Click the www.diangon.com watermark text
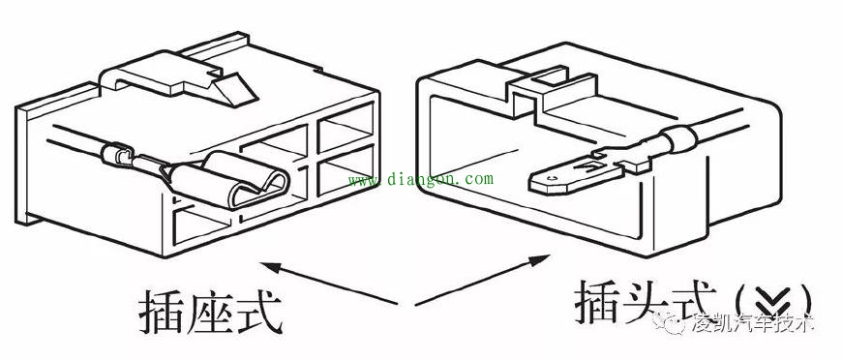(x=419, y=179)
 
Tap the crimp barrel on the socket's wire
(x=120, y=155)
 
